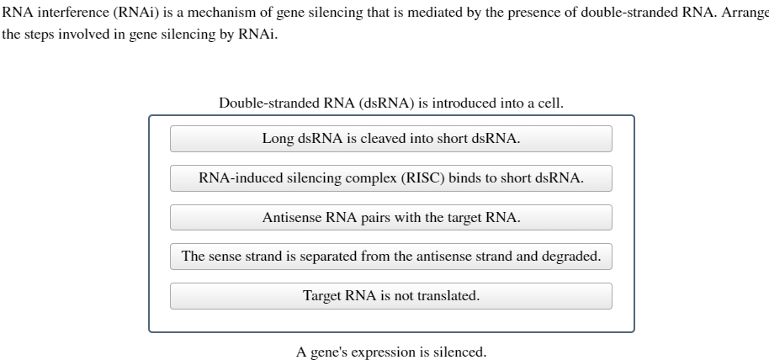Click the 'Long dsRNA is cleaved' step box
pyautogui.click(x=390, y=139)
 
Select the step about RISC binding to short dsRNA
pyautogui.click(x=390, y=178)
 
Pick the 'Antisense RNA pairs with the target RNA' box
pyautogui.click(x=390, y=218)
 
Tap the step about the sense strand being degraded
pyautogui.click(x=390, y=257)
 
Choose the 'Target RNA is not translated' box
pyautogui.click(x=390, y=296)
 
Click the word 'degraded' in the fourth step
pyautogui.click(x=573, y=257)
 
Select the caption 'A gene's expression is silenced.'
pyautogui.click(x=390, y=352)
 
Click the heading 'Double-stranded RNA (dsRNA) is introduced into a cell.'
pyautogui.click(x=390, y=103)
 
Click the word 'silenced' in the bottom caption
pyautogui.click(x=459, y=352)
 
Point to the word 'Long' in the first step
pyautogui.click(x=278, y=139)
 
